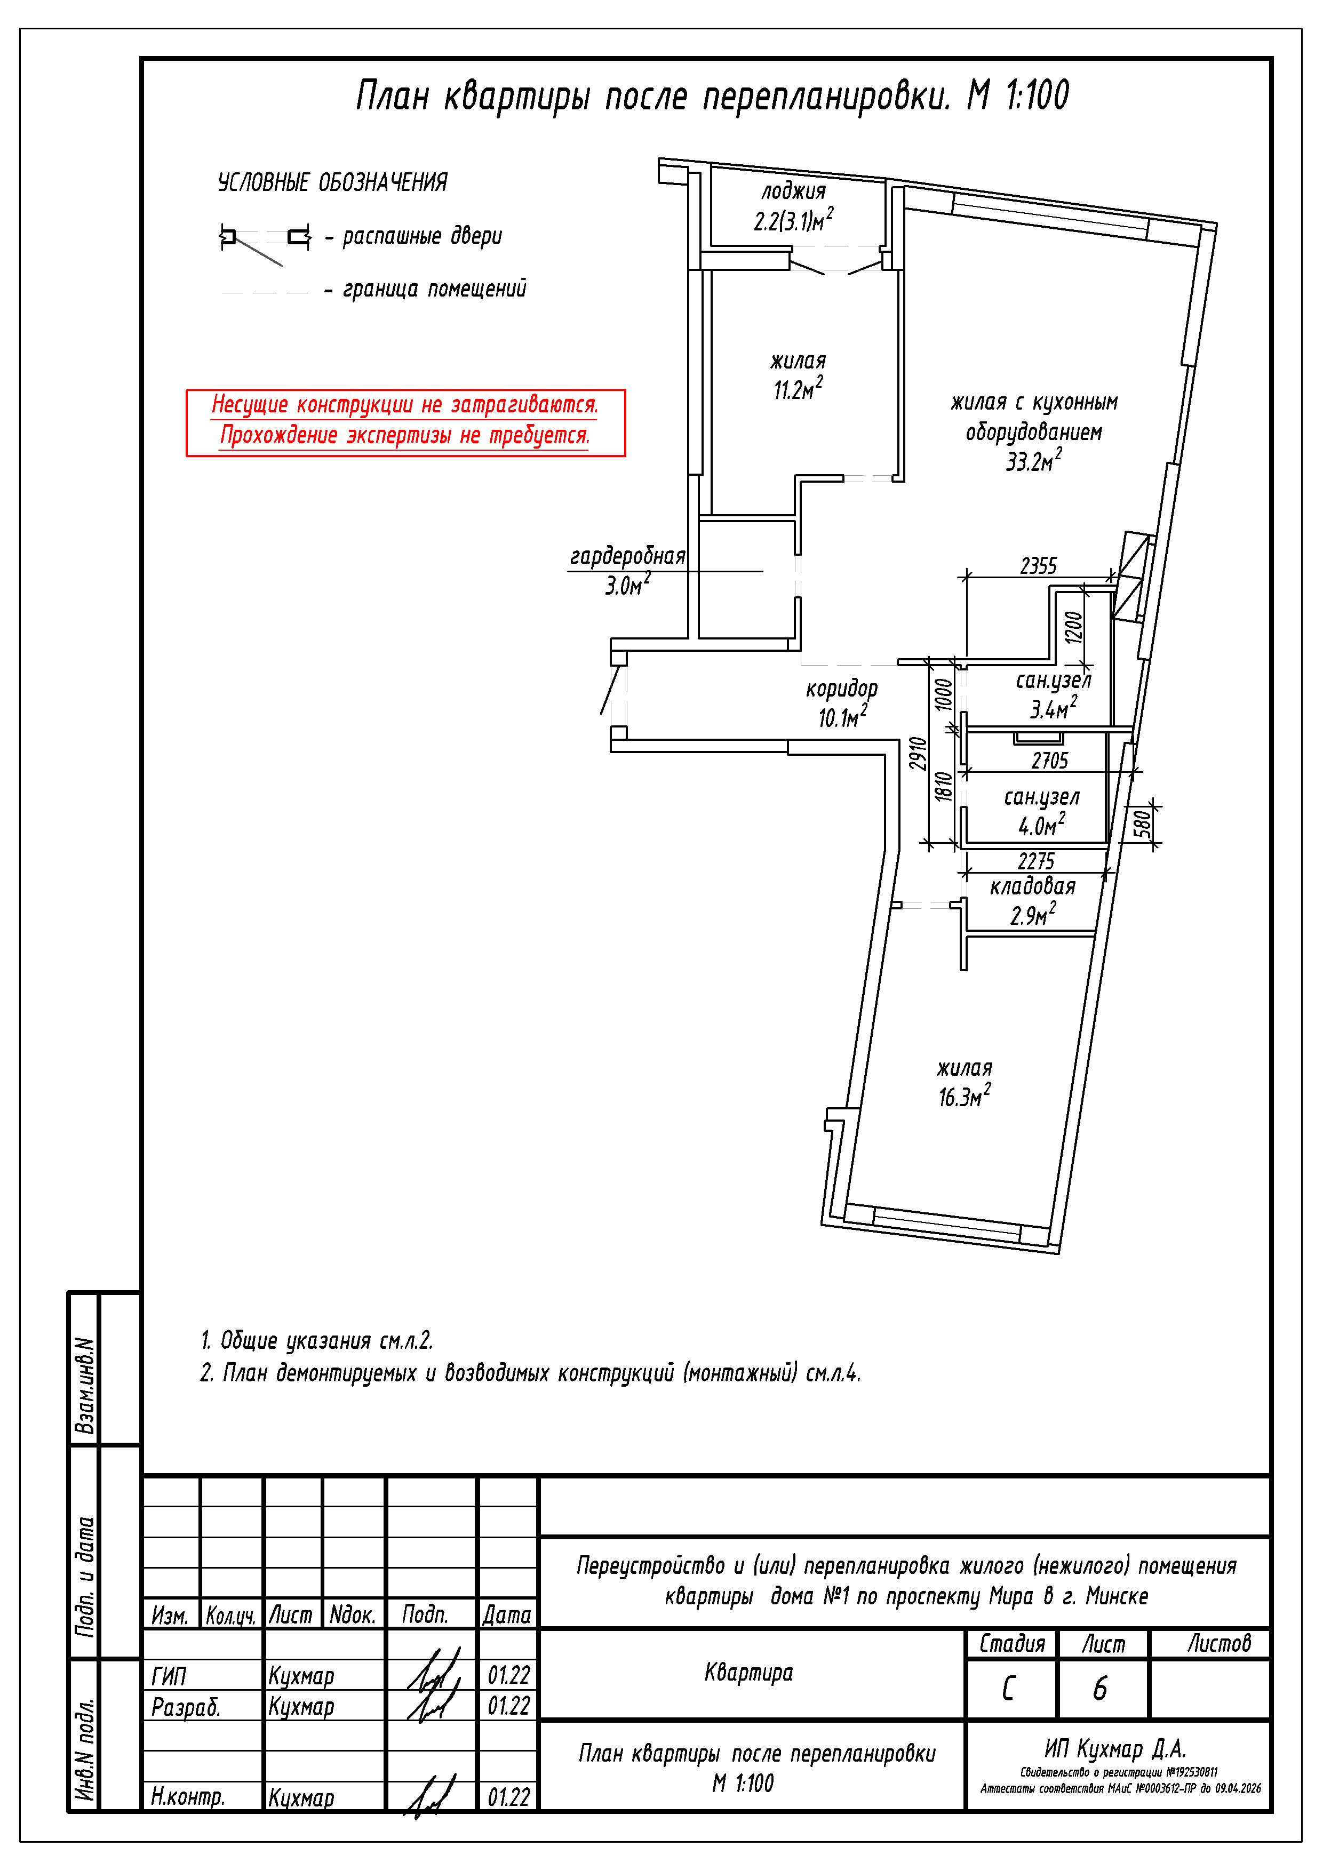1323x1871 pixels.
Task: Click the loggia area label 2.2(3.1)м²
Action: click(792, 221)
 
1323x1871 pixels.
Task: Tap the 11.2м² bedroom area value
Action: click(797, 389)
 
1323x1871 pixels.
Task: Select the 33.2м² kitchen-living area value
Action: click(1033, 461)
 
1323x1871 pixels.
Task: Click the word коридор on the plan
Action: click(841, 689)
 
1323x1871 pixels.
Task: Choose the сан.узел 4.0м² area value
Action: click(1041, 826)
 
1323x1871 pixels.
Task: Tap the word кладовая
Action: click(1033, 886)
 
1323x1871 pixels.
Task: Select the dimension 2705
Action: click(1049, 761)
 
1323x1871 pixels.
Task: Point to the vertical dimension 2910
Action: click(918, 753)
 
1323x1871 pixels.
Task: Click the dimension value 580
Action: click(1143, 824)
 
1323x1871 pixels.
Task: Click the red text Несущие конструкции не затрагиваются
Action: click(404, 405)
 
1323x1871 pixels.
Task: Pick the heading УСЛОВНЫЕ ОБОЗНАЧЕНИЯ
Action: click(332, 182)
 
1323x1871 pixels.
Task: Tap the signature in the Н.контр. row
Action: click(429, 1796)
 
